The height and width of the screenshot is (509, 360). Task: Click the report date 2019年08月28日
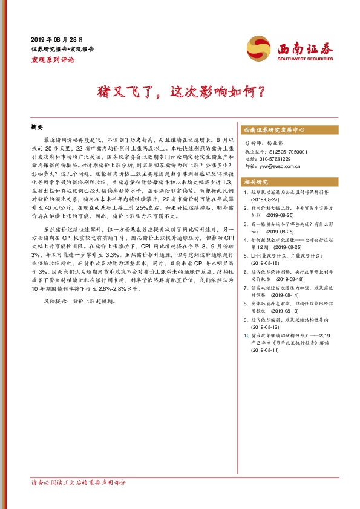(x=56, y=38)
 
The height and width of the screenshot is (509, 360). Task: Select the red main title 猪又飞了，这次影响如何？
(x=180, y=92)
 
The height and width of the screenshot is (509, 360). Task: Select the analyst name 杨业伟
(x=274, y=144)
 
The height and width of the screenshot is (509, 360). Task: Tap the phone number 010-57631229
(x=277, y=159)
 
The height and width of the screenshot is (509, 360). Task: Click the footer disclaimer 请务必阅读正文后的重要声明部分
(x=78, y=483)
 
